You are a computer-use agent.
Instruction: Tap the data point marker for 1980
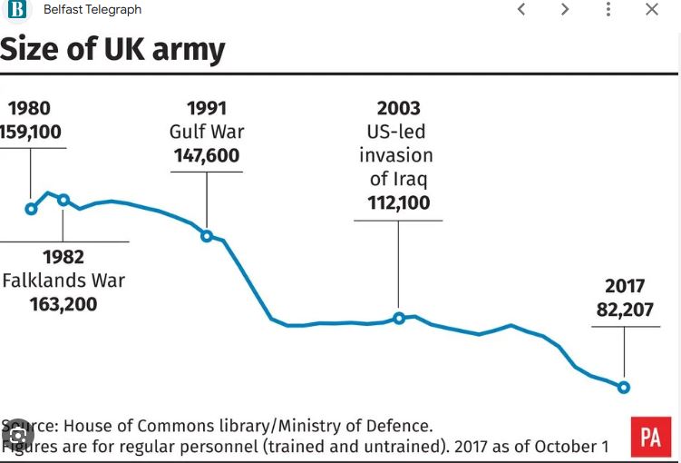31,209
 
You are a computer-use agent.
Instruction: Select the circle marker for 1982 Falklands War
63,200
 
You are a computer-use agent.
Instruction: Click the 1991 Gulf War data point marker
207,236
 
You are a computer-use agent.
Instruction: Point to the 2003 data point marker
399,318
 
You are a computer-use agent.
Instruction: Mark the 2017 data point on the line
624,388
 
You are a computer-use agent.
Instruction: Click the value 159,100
31,133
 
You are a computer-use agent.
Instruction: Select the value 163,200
63,303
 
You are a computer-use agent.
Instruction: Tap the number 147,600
207,155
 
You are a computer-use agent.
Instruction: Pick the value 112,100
399,202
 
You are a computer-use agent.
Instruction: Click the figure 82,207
625,309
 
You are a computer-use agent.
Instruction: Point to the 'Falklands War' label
63,281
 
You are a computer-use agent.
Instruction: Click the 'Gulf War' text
207,132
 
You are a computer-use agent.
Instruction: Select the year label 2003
399,108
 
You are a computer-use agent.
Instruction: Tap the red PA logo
650,437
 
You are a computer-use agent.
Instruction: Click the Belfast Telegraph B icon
17,10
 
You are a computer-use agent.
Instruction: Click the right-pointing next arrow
565,10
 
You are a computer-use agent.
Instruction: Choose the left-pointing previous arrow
521,10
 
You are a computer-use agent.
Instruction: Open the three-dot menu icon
608,10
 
